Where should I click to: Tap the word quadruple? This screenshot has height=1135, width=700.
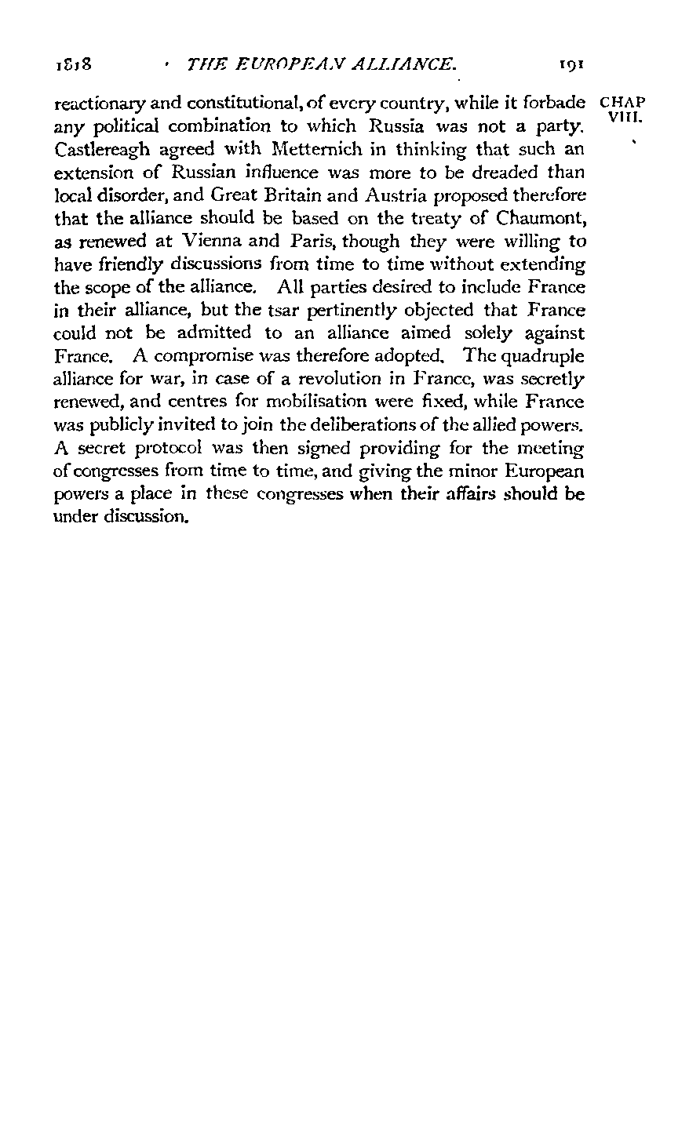pos(543,355)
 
